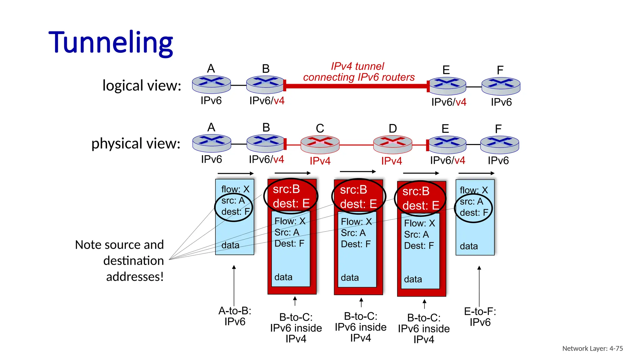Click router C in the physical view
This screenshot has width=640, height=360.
pyautogui.click(x=320, y=144)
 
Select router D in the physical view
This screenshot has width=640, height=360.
pyautogui.click(x=392, y=144)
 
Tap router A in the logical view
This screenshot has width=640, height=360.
pyautogui.click(x=211, y=84)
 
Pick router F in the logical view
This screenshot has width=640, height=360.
pyautogui.click(x=501, y=86)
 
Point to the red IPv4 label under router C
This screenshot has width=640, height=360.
pyautogui.click(x=320, y=161)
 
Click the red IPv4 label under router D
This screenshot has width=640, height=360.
pyautogui.click(x=391, y=161)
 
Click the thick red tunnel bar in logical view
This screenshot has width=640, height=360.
pyautogui.click(x=356, y=86)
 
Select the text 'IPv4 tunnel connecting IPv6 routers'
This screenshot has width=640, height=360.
pyautogui.click(x=358, y=72)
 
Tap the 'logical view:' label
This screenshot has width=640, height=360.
pyautogui.click(x=142, y=86)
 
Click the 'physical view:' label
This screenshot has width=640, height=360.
pyautogui.click(x=136, y=143)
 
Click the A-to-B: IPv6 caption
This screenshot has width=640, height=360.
pyautogui.click(x=235, y=316)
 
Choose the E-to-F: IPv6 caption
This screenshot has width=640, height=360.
pyautogui.click(x=480, y=317)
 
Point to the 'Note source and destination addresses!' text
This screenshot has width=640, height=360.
pyautogui.click(x=120, y=261)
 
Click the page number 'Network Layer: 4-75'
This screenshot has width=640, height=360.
pyautogui.click(x=592, y=348)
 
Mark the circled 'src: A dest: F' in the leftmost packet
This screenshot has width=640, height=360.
pyautogui.click(x=234, y=207)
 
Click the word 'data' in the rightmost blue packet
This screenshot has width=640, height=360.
pyautogui.click(x=469, y=246)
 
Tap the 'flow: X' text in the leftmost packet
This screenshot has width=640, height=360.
pyautogui.click(x=235, y=189)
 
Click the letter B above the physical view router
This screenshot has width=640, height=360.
pyautogui.click(x=266, y=127)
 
